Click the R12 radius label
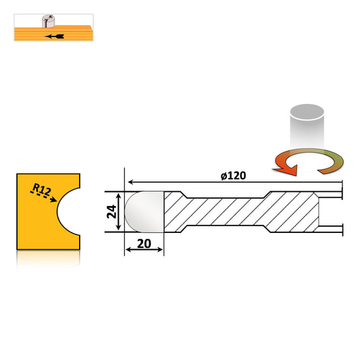tap(42, 189)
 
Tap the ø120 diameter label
tap(233, 176)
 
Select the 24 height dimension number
tap(112, 211)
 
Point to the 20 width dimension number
tap(144, 244)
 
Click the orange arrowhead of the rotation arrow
tap(287, 170)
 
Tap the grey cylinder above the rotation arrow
tap(307, 126)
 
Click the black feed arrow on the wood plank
tap(55, 36)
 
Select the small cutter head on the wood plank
tap(48, 21)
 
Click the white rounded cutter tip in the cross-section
tap(144, 211)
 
